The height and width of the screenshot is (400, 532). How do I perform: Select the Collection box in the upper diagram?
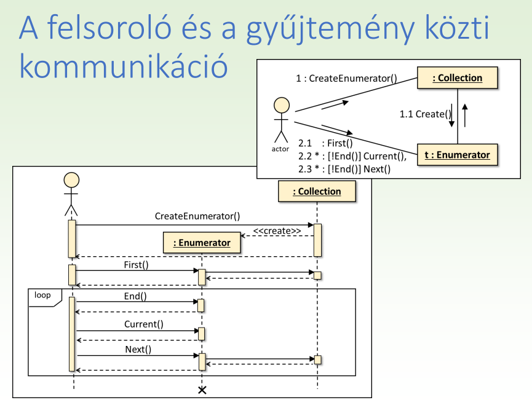tap(458, 78)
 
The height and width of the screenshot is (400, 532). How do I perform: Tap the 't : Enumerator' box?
tap(457, 155)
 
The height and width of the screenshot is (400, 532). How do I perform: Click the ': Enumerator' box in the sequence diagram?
tap(201, 243)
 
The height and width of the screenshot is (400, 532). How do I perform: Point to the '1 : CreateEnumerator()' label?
tap(347, 78)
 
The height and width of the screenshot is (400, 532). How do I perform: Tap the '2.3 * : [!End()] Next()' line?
tap(344, 168)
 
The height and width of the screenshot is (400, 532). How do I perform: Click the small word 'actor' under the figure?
tap(280, 149)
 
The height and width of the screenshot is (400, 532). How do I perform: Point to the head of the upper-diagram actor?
tap(280, 104)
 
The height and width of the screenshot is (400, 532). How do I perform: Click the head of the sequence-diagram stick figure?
tap(71, 179)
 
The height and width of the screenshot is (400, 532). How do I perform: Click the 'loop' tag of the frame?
tap(43, 296)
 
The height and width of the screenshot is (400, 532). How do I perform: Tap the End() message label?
tap(135, 296)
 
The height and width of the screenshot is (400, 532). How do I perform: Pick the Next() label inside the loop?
tap(138, 349)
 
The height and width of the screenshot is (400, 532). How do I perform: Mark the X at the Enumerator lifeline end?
tap(201, 390)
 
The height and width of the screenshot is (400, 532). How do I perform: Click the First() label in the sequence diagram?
tap(136, 265)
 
